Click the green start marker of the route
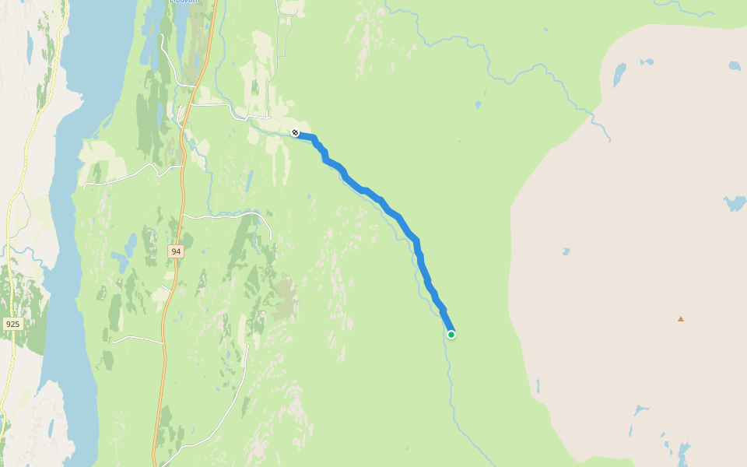(451, 335)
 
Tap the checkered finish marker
(295, 132)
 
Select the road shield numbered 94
(176, 251)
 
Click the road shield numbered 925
(12, 323)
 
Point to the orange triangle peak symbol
(681, 318)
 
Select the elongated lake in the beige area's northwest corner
(619, 75)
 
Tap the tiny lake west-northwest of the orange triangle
(566, 251)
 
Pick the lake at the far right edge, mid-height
(735, 203)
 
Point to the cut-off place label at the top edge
(184, 2)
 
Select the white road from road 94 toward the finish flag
(226, 109)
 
